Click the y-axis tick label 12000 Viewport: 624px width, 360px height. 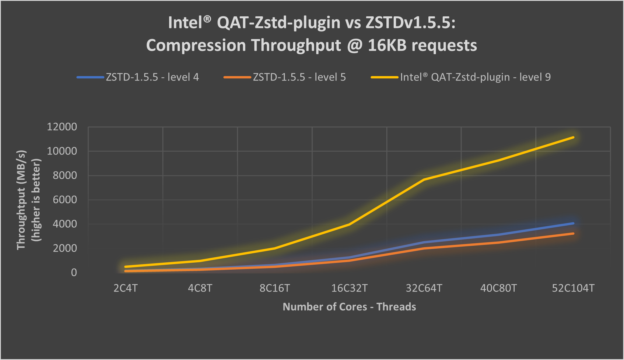[62, 127]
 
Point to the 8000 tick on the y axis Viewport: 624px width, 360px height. [65, 175]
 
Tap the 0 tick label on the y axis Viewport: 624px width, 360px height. [74, 273]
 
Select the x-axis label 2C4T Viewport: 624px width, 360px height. [125, 288]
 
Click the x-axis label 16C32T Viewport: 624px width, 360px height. [349, 288]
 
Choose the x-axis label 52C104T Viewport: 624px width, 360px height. [573, 288]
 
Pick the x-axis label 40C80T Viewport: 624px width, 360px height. [498, 288]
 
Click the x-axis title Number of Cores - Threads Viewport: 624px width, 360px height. [349, 307]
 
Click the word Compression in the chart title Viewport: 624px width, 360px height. [196, 45]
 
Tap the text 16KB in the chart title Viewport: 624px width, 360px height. [387, 45]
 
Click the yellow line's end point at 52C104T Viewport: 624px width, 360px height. [573, 137]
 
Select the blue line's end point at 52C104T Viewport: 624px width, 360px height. [573, 223]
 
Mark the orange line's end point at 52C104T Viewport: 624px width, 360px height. [573, 233]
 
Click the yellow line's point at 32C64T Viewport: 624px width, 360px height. [424, 180]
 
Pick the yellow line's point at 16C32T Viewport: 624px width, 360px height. [349, 224]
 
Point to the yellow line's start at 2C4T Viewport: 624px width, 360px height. [125, 267]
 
